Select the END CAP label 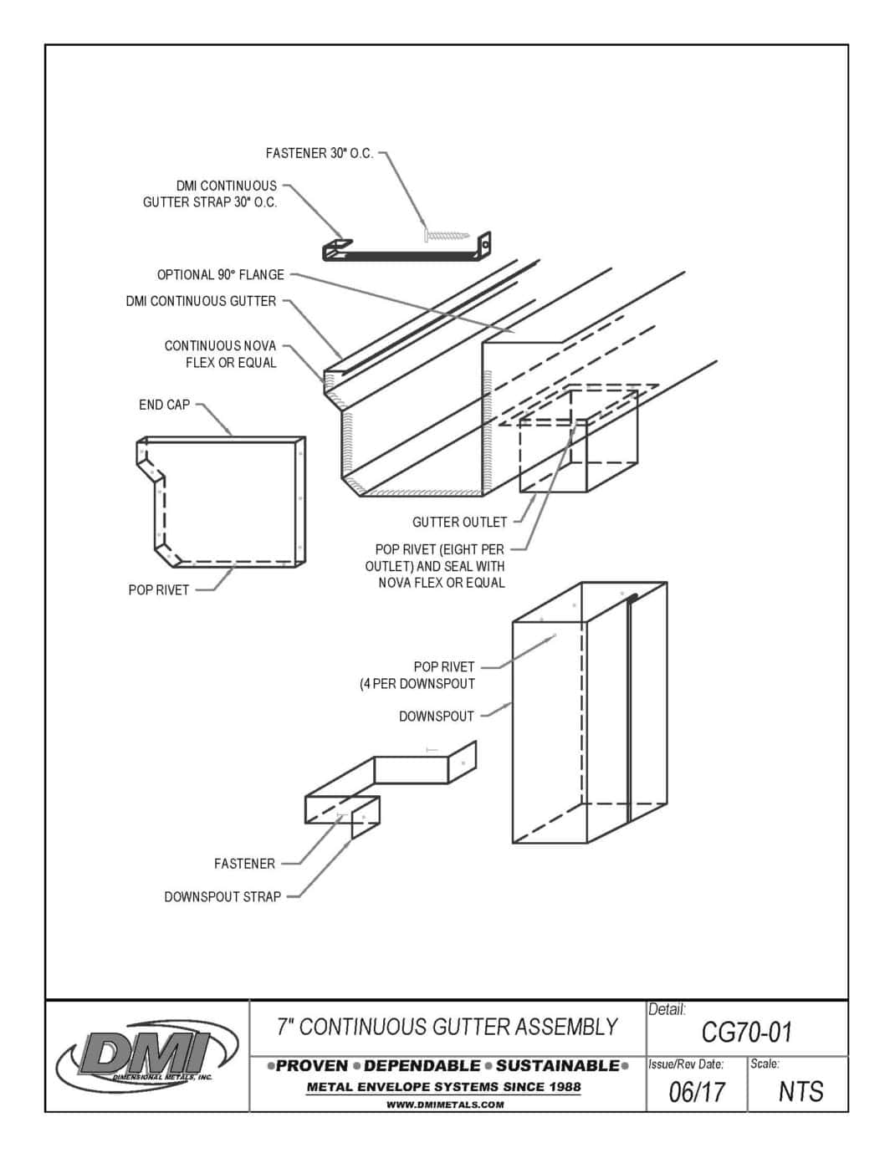[x=165, y=405]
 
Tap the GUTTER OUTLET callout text [x=459, y=523]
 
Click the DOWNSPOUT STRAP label [x=222, y=897]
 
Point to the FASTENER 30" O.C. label [x=320, y=154]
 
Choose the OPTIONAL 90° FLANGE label [x=221, y=275]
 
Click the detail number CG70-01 [x=746, y=1033]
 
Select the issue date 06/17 [x=697, y=1092]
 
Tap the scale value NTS [x=800, y=1092]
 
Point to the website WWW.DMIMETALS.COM [x=445, y=1104]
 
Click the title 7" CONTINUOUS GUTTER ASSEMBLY [x=447, y=1027]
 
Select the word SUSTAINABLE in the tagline [x=557, y=1066]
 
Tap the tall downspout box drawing [x=590, y=711]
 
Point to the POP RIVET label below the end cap [x=159, y=590]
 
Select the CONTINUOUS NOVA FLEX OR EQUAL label [x=220, y=355]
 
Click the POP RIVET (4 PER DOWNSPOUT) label [x=418, y=676]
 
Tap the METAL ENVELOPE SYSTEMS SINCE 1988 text [x=444, y=1087]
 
